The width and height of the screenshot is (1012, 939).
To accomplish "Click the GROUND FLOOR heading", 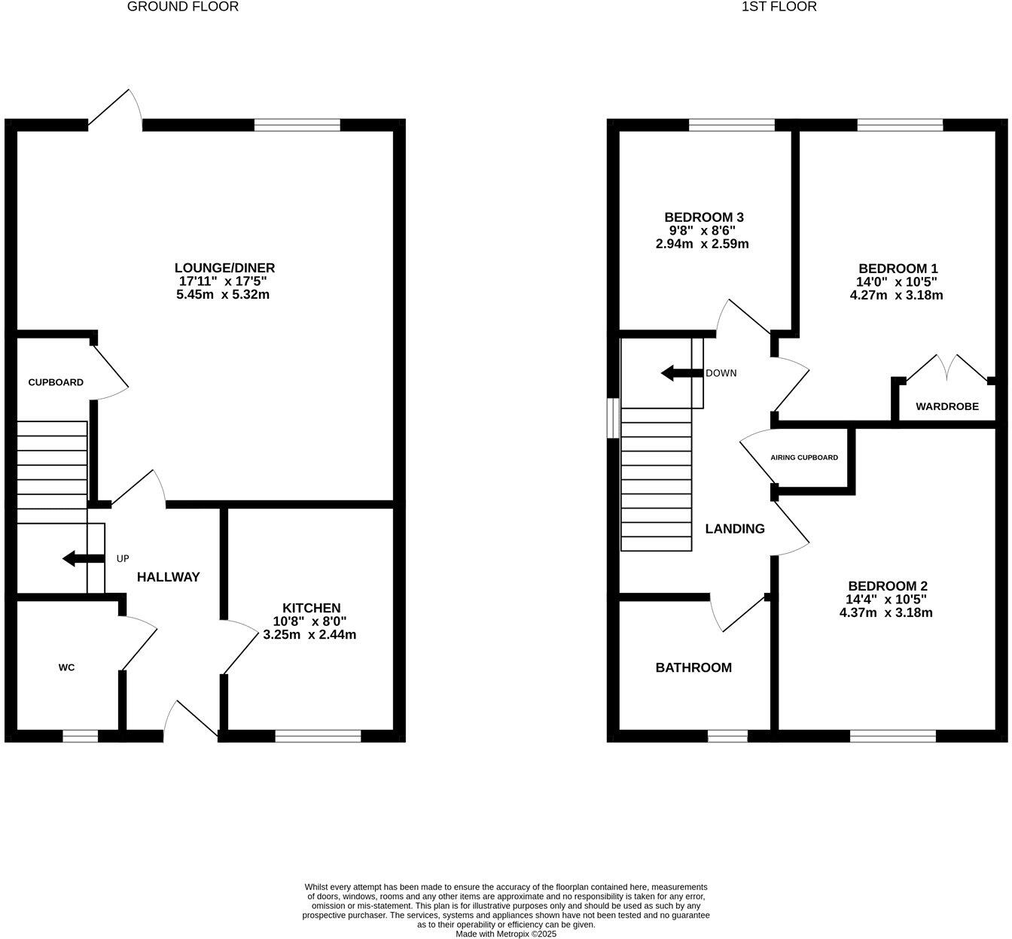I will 183,7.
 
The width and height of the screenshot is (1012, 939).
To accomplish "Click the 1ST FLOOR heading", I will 779,7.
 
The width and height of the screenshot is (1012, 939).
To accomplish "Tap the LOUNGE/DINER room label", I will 224,268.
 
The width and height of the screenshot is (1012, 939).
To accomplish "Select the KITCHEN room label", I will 311,608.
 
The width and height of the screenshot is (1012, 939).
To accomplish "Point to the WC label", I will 67,667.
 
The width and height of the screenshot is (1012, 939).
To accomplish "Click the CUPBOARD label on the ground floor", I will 56,382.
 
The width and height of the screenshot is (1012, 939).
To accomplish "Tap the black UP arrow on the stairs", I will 83,558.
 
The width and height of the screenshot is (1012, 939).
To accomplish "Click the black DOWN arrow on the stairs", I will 681,373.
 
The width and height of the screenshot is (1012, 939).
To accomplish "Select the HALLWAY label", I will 168,577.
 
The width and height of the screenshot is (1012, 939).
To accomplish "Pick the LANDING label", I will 734,529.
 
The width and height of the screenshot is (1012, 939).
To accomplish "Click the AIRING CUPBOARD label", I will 803,457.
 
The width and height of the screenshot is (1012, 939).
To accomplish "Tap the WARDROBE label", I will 946,406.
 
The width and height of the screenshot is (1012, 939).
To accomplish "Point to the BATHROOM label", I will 693,667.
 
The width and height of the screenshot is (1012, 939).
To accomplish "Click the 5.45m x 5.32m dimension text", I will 223,295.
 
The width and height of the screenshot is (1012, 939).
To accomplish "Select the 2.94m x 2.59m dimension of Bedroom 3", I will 702,244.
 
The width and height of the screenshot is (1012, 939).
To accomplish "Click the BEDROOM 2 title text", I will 887,586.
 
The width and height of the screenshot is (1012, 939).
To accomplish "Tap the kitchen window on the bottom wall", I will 318,736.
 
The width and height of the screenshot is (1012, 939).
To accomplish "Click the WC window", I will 80,736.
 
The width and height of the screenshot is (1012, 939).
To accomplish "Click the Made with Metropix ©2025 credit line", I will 505,934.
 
